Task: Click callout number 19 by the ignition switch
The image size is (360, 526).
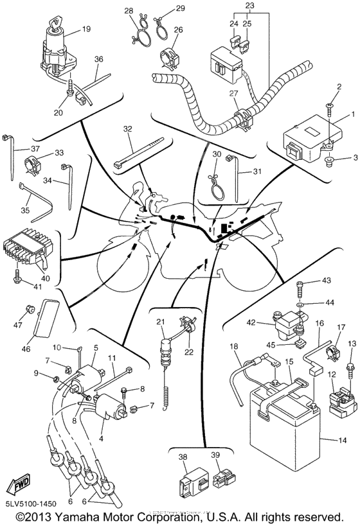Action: tap(85, 30)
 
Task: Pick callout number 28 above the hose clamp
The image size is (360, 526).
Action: tap(128, 11)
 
